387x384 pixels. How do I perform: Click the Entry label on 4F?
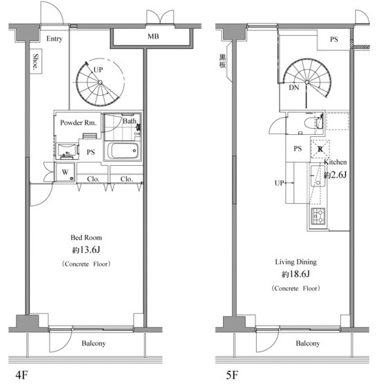54,39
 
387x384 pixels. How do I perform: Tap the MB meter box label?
153,36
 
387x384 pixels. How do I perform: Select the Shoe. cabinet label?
36,61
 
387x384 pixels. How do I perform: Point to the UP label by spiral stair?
98,70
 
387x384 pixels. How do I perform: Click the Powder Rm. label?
79,122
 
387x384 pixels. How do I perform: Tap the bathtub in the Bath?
123,151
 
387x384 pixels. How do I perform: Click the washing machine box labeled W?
65,172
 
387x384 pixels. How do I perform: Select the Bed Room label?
86,237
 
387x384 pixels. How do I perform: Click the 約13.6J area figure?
86,250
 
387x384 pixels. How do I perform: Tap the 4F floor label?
21,375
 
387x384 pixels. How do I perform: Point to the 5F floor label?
232,375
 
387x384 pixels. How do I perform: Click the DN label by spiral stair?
294,87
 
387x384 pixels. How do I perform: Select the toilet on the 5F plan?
313,122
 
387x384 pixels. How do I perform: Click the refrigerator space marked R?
320,149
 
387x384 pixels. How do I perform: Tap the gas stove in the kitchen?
318,216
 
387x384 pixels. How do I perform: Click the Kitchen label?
335,162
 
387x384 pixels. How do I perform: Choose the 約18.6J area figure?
295,274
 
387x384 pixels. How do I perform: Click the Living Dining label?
295,262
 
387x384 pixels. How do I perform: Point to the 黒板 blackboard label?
222,61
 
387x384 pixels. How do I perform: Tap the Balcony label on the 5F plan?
308,343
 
